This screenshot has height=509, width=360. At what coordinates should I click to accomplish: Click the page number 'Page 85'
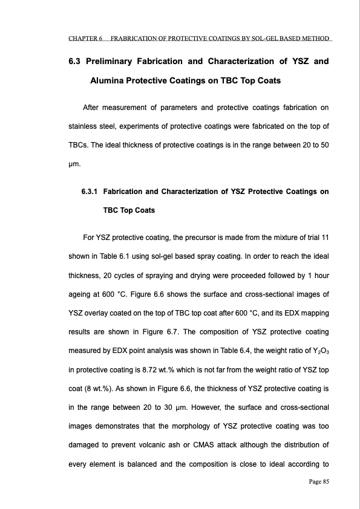click(x=316, y=481)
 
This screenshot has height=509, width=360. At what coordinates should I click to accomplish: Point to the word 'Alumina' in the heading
click(x=110, y=80)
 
